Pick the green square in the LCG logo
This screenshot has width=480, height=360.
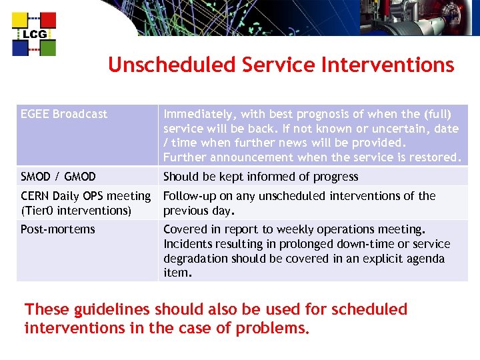pos(47,47)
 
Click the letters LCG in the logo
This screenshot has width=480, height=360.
pos(34,35)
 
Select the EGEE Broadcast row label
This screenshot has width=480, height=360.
pos(64,114)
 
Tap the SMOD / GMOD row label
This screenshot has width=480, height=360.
pos(58,177)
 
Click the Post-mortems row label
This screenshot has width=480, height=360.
pos(58,229)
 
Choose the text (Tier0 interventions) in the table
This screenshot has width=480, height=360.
pos(76,211)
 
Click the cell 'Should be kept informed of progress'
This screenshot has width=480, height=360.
pos(261,177)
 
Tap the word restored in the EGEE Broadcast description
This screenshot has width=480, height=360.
pos(436,158)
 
